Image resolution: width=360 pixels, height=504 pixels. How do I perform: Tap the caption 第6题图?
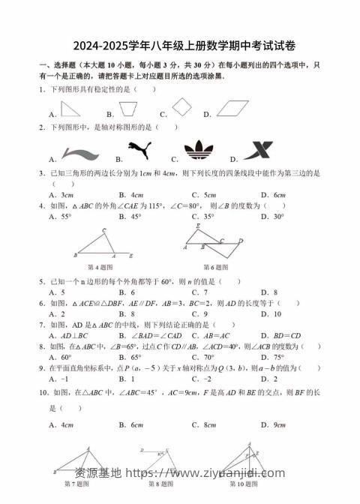point(217,267)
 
